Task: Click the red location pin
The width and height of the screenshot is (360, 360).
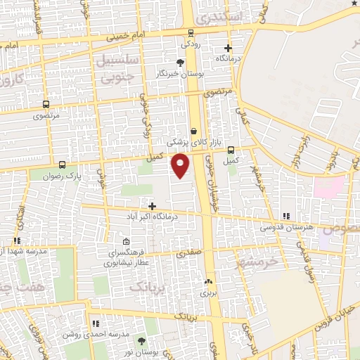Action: pyautogui.click(x=181, y=165)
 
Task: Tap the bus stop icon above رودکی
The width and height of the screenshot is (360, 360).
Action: pyautogui.click(x=191, y=32)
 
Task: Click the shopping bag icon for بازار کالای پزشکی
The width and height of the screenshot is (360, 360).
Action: pyautogui.click(x=194, y=130)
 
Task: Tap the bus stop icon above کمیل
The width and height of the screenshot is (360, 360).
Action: pyautogui.click(x=231, y=149)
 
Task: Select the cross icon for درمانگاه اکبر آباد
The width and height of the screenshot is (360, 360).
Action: pyautogui.click(x=152, y=205)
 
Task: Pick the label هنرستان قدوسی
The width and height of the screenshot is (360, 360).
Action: pyautogui.click(x=287, y=228)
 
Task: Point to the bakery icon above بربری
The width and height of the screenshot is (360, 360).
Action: pyautogui.click(x=207, y=282)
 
